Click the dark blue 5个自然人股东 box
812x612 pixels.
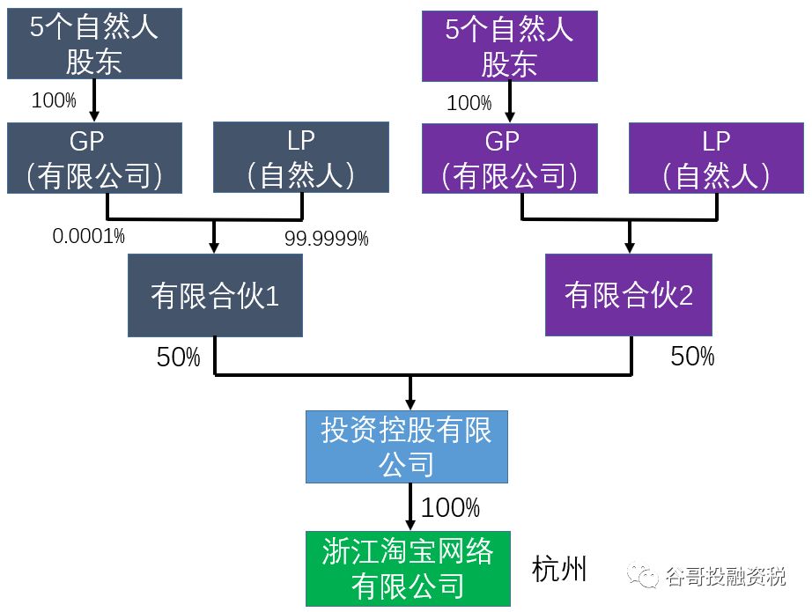[94, 44]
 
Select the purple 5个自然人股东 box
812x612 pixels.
[510, 46]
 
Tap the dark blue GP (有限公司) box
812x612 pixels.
[94, 158]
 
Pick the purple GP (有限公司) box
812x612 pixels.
[510, 158]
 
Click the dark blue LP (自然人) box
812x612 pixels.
[301, 158]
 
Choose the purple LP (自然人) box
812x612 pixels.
[716, 158]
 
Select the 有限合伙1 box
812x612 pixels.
[215, 296]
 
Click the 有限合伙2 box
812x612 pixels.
[629, 296]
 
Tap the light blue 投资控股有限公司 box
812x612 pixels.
[407, 446]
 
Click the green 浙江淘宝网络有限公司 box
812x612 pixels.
[408, 568]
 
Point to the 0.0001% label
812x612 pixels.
[88, 236]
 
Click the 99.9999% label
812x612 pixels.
[326, 238]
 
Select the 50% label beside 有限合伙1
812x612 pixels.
[179, 357]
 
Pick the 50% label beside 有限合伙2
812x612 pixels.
[692, 357]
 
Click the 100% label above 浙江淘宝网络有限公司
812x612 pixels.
[450, 508]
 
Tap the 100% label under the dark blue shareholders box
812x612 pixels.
[54, 100]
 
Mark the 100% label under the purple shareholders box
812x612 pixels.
[469, 103]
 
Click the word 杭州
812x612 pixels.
[559, 570]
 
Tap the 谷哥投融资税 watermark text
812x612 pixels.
[725, 577]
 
